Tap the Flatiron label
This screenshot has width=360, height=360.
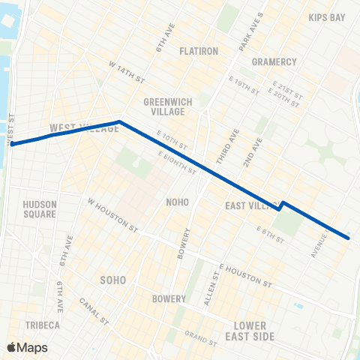tap(197, 51)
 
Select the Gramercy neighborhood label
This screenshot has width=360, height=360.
tap(274, 61)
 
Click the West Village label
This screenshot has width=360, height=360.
tap(73, 128)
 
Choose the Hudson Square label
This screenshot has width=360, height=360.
tap(40, 208)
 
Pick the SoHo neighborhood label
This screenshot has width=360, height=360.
tap(112, 280)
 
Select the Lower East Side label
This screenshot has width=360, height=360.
tap(254, 331)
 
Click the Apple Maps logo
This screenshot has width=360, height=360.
tap(27, 347)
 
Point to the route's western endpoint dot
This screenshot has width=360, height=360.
tap(13, 144)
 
